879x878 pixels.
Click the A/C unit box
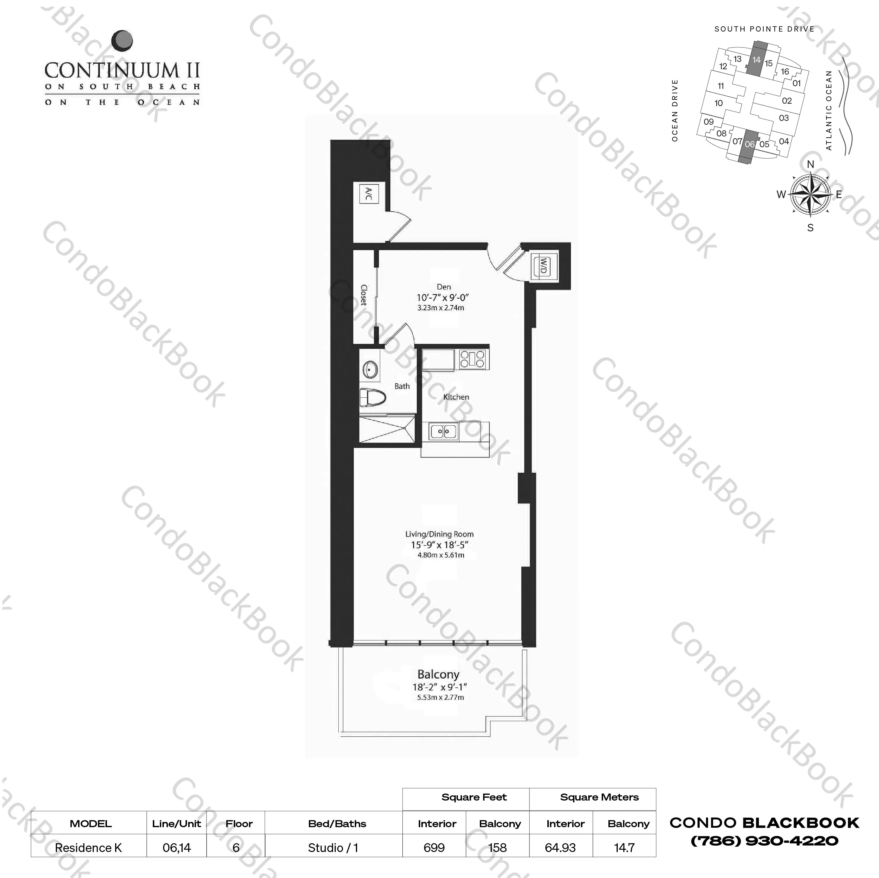[x=368, y=194]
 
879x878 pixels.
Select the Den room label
[x=444, y=287]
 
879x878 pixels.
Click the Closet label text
[x=364, y=295]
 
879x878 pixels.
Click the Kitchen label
[x=456, y=397]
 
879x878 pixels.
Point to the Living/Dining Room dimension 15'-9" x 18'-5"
[x=439, y=545]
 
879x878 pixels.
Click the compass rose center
[x=810, y=194]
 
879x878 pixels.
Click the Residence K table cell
[x=89, y=848]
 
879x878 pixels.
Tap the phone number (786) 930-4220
[x=764, y=841]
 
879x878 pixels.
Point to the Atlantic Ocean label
[x=828, y=110]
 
